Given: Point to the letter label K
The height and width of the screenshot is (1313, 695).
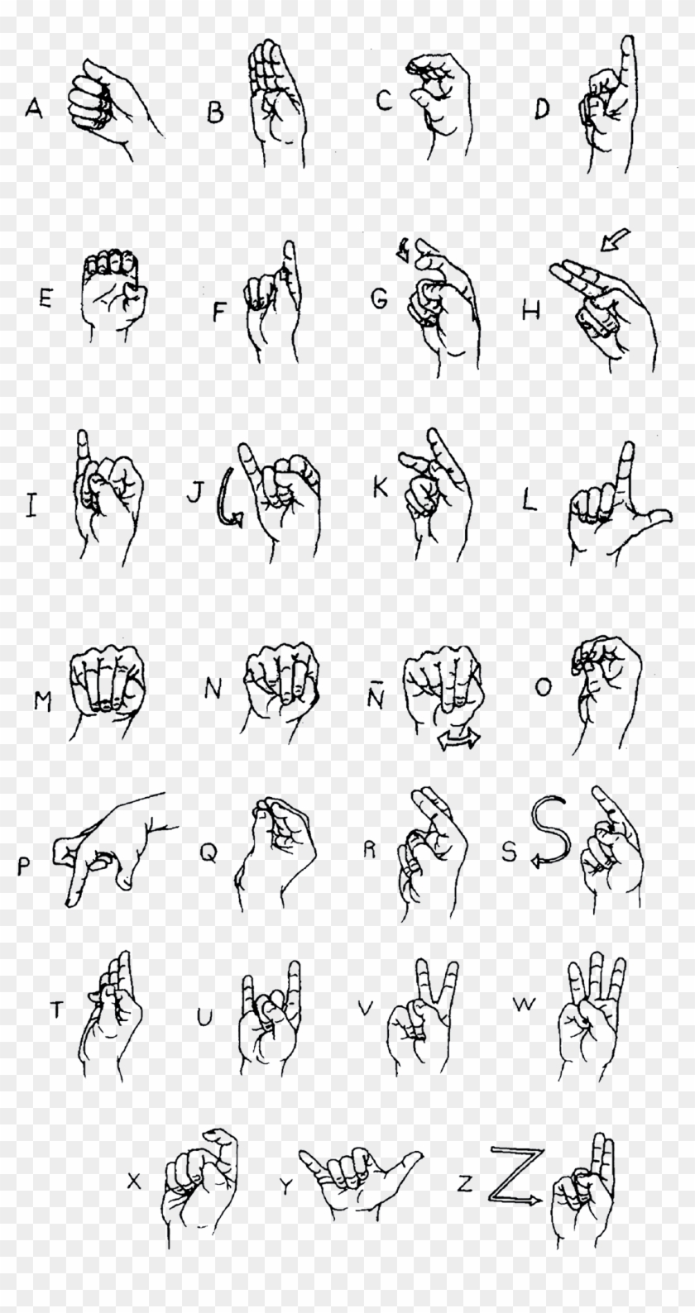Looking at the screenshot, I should coord(381,488).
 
